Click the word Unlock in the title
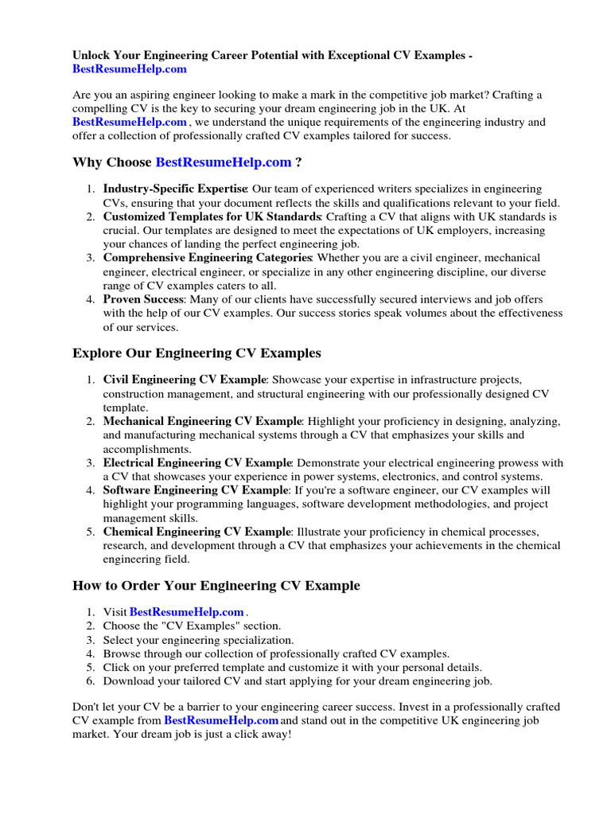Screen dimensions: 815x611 (x=92, y=56)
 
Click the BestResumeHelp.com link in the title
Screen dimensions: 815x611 (x=130, y=69)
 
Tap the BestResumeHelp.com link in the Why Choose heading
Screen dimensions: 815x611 (x=224, y=162)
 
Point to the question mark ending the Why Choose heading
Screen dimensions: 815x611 (x=298, y=162)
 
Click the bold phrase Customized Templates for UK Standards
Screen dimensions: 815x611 (x=212, y=216)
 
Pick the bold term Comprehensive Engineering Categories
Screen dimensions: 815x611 (x=208, y=258)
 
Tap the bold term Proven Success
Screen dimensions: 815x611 (x=144, y=299)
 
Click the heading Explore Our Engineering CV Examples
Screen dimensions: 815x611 (x=197, y=353)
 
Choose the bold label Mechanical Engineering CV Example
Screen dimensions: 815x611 (x=202, y=421)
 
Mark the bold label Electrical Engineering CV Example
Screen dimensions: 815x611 (x=197, y=462)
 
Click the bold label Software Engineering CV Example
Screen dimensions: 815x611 (x=196, y=490)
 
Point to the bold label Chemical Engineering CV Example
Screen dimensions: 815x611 (x=197, y=532)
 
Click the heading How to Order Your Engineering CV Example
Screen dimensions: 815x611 (x=216, y=585)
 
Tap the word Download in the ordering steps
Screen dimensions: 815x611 (x=130, y=680)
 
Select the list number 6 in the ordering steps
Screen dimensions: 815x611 (x=90, y=680)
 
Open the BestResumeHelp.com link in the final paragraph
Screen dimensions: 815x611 (x=221, y=720)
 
